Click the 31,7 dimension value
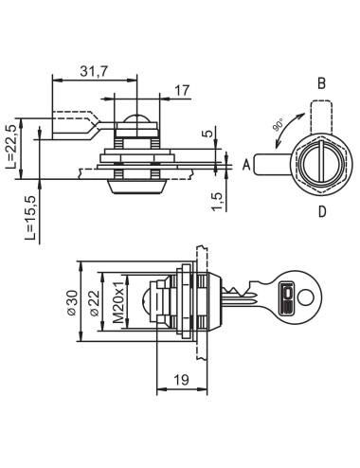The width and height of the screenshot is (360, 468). (x=94, y=71)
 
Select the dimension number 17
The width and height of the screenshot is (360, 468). (x=182, y=91)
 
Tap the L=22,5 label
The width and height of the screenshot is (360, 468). (x=11, y=146)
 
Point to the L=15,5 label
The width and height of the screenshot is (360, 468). (x=30, y=218)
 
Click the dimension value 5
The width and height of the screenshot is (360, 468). (x=207, y=134)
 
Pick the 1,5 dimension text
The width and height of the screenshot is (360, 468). (x=217, y=201)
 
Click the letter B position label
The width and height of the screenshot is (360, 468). (x=321, y=83)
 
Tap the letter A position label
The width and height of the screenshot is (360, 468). (x=246, y=165)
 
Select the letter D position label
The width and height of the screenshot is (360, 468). (x=322, y=212)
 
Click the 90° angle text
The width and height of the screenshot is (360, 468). (x=279, y=125)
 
